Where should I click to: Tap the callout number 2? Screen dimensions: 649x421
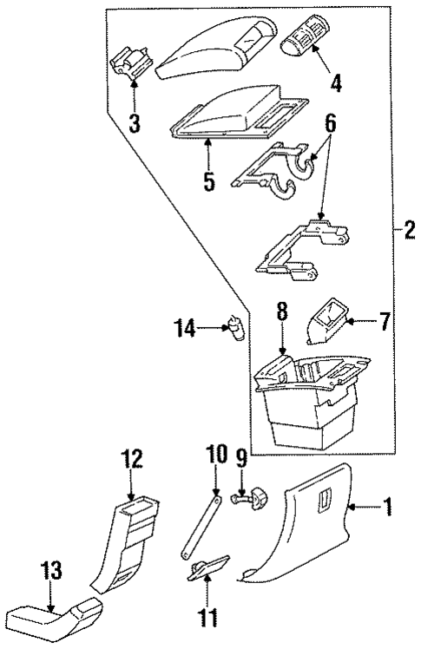point(408,231)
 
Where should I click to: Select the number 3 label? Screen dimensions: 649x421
point(134,122)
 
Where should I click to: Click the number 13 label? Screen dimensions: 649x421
point(54,570)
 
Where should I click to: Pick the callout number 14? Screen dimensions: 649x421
point(184,328)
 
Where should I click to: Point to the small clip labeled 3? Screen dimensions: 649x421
point(131,63)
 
